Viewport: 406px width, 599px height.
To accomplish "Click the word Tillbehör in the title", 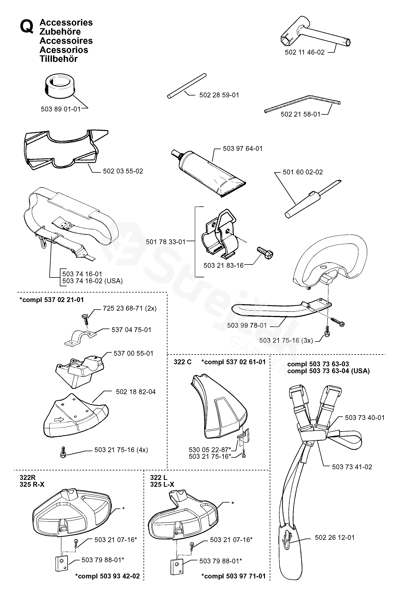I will [59, 59].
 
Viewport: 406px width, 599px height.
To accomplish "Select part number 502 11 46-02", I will [304, 52].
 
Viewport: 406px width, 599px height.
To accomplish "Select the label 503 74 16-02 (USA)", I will [92, 281].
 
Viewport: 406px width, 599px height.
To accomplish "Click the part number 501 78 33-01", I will [165, 242].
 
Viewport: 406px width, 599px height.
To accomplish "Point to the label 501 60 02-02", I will [303, 172].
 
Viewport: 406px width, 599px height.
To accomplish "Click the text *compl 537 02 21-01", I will [52, 300].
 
